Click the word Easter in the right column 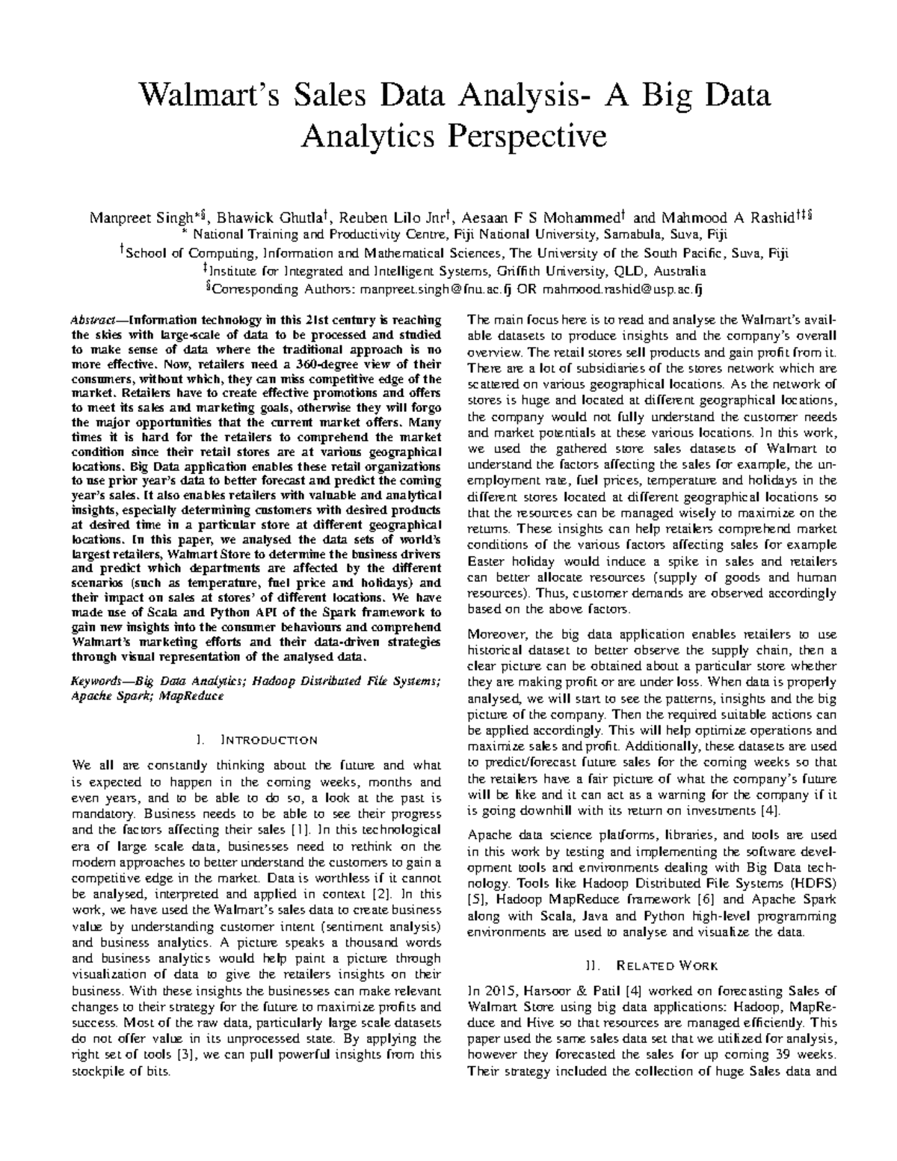tap(488, 561)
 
